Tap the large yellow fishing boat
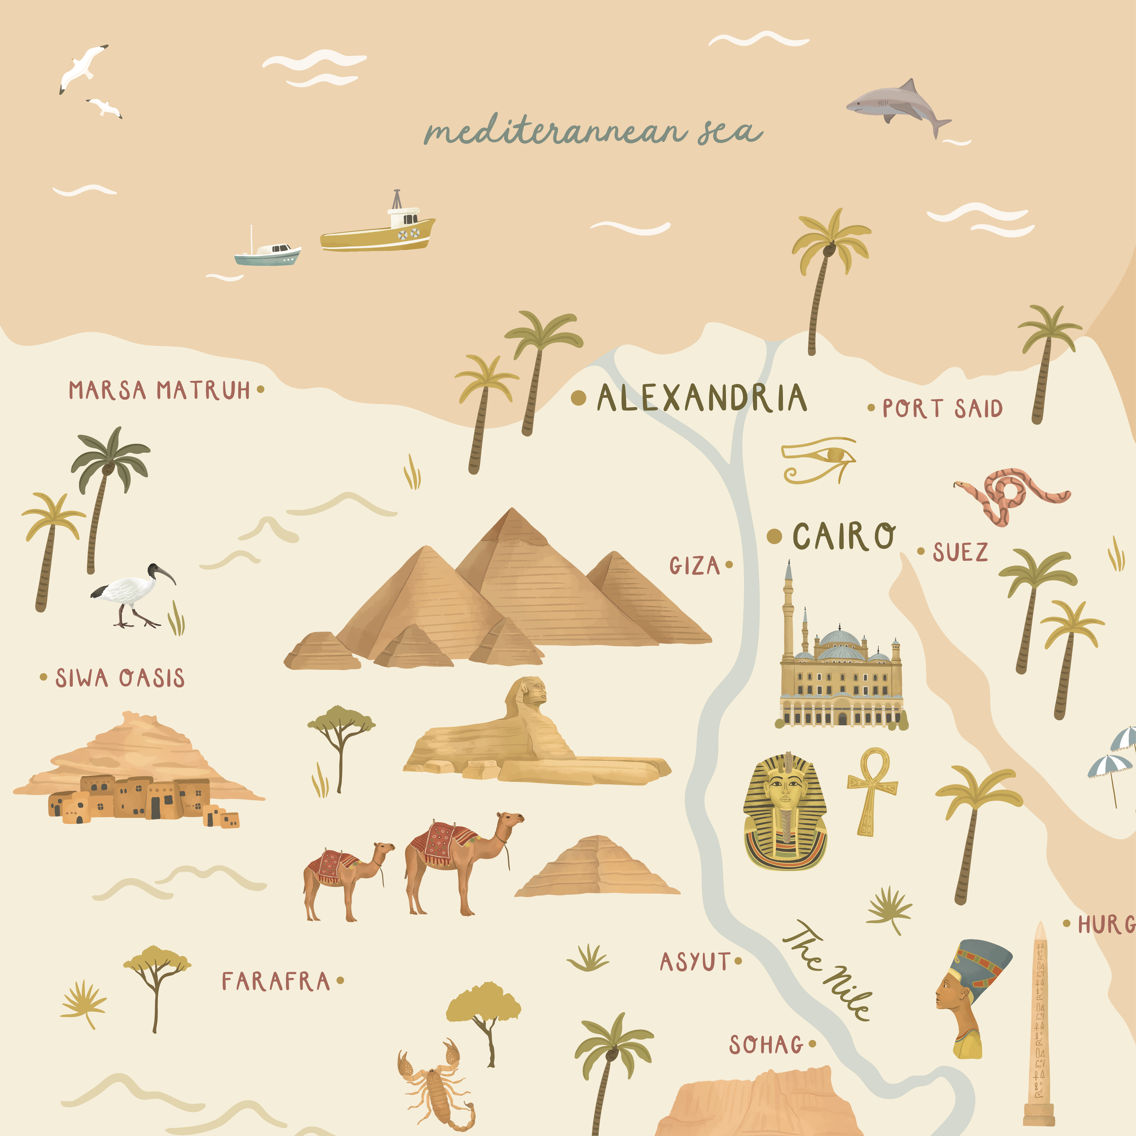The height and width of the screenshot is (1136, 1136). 379,232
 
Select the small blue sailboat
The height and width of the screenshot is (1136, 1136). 268,254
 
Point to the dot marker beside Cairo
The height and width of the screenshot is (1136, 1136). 774,536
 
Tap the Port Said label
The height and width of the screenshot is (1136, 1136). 942,409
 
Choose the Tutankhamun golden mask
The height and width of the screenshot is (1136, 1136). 784,812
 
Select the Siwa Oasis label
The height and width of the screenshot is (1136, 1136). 120,678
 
